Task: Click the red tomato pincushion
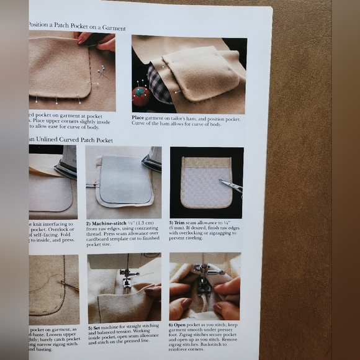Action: (141, 96)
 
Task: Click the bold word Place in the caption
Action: (138, 117)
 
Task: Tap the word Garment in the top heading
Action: (113, 29)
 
